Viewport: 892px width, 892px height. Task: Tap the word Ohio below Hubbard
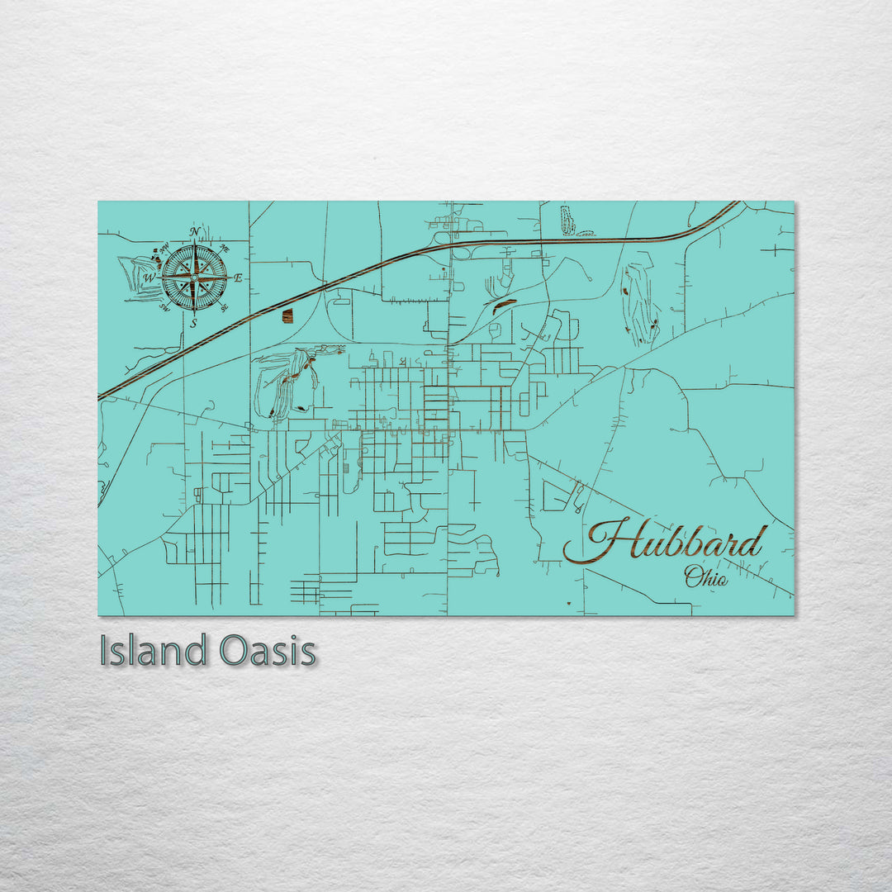pyautogui.click(x=706, y=577)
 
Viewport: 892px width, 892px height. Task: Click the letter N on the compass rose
pyautogui.click(x=195, y=232)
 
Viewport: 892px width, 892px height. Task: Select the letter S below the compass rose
pyautogui.click(x=194, y=324)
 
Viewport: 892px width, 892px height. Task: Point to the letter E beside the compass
pyautogui.click(x=238, y=278)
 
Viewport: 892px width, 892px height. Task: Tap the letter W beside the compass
pyautogui.click(x=149, y=279)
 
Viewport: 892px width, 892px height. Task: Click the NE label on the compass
pyautogui.click(x=225, y=248)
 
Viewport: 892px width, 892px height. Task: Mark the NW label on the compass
pyautogui.click(x=164, y=248)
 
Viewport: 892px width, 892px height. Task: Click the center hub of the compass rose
pyautogui.click(x=194, y=278)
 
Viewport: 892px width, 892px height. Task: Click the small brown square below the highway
pyautogui.click(x=287, y=316)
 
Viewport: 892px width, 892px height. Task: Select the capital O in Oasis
pyautogui.click(x=234, y=651)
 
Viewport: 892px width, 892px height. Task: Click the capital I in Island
pyautogui.click(x=103, y=651)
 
